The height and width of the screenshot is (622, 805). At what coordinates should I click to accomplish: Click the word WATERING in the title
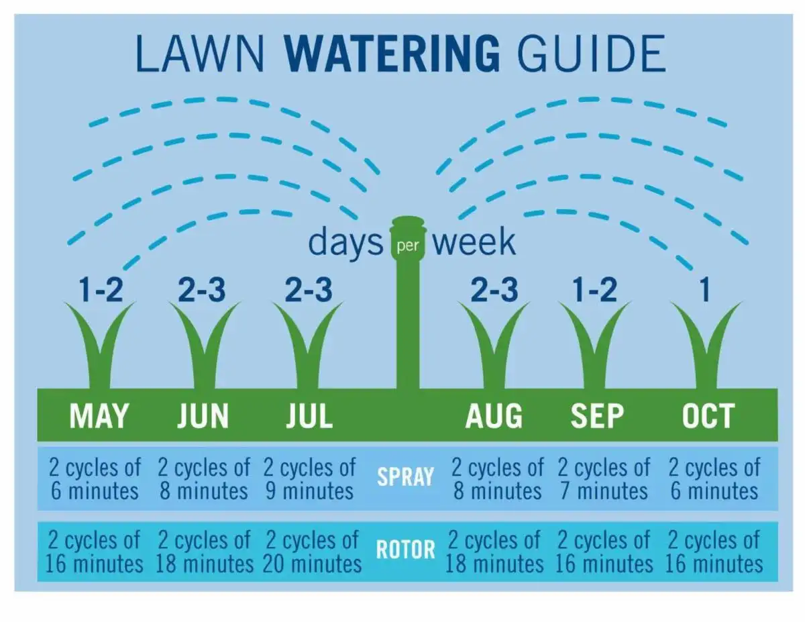396,53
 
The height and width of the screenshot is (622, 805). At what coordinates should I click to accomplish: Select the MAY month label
99,416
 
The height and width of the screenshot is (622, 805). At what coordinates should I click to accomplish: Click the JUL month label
309,416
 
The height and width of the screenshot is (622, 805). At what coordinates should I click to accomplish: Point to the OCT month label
708,416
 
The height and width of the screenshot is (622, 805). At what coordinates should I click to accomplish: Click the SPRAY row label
405,477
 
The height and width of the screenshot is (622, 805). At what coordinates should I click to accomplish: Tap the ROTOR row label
405,550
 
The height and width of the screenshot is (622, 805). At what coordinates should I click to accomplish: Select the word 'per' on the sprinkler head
407,245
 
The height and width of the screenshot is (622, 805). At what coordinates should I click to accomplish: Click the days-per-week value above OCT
704,291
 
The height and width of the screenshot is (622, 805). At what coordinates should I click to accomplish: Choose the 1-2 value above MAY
100,291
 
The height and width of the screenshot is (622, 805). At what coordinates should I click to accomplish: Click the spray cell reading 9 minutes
309,478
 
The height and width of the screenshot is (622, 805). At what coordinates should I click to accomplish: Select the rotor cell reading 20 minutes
312,552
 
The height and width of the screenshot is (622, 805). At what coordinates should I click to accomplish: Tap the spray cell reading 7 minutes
603,478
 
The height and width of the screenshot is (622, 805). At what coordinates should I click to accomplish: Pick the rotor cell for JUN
205,552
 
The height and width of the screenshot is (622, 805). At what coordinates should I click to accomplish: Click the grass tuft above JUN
204,346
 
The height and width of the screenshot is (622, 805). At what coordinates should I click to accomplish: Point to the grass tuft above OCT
706,346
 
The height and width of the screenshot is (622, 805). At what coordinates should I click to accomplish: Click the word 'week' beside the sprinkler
474,242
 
